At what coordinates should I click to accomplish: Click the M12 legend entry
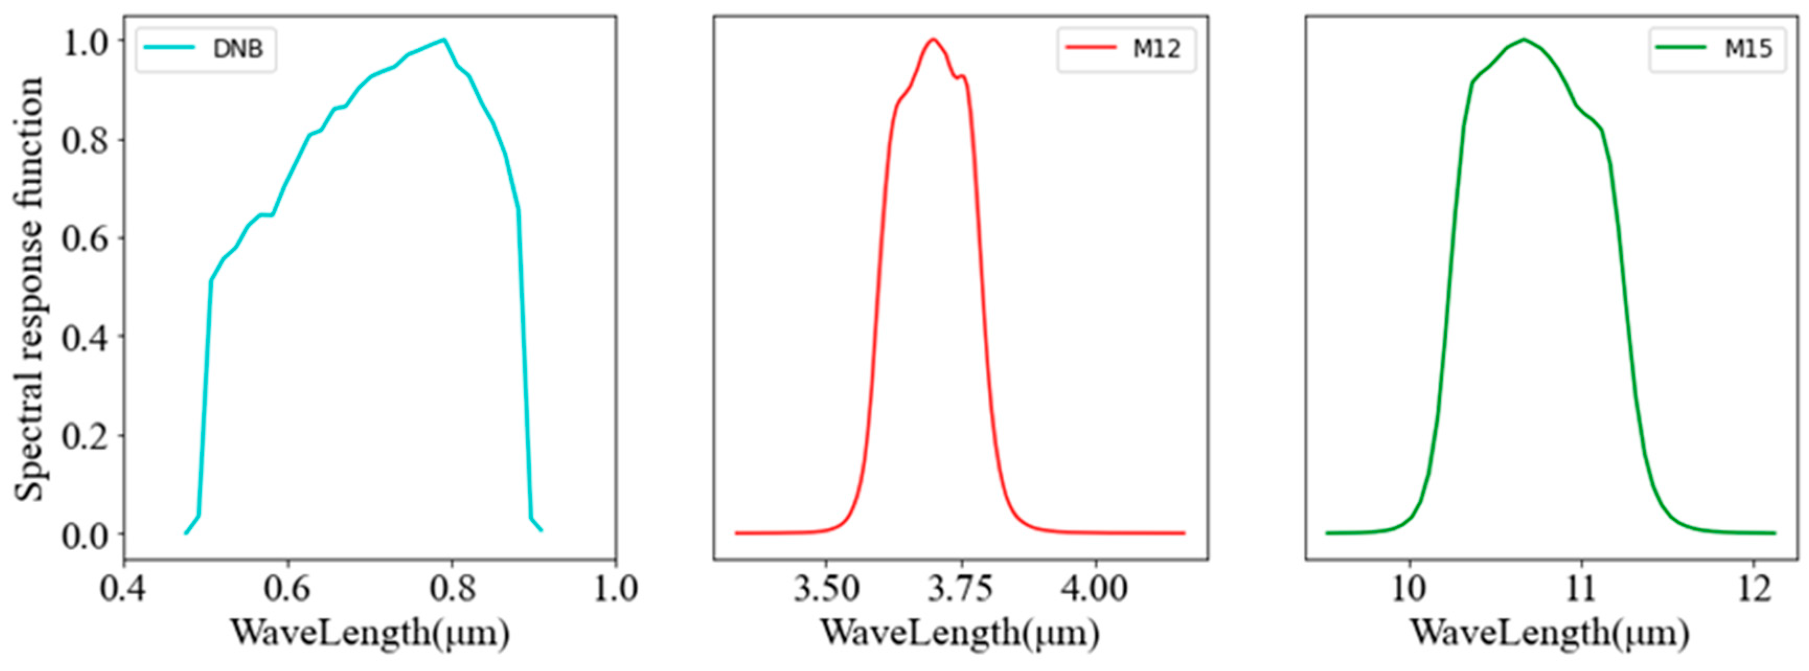[1126, 49]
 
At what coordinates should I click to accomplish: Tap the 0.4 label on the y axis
[84, 337]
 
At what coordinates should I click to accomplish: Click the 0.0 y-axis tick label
[84, 536]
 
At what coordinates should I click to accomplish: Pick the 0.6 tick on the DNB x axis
[288, 589]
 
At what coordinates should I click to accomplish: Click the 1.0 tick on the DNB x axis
[616, 589]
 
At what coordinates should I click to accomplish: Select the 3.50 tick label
[827, 589]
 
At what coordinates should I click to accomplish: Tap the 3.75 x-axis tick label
[960, 589]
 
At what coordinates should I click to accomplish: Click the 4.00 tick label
[1095, 589]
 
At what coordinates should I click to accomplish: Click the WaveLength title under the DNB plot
[370, 634]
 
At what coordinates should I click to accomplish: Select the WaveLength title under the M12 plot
[960, 634]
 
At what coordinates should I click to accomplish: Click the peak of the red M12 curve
[933, 39]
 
